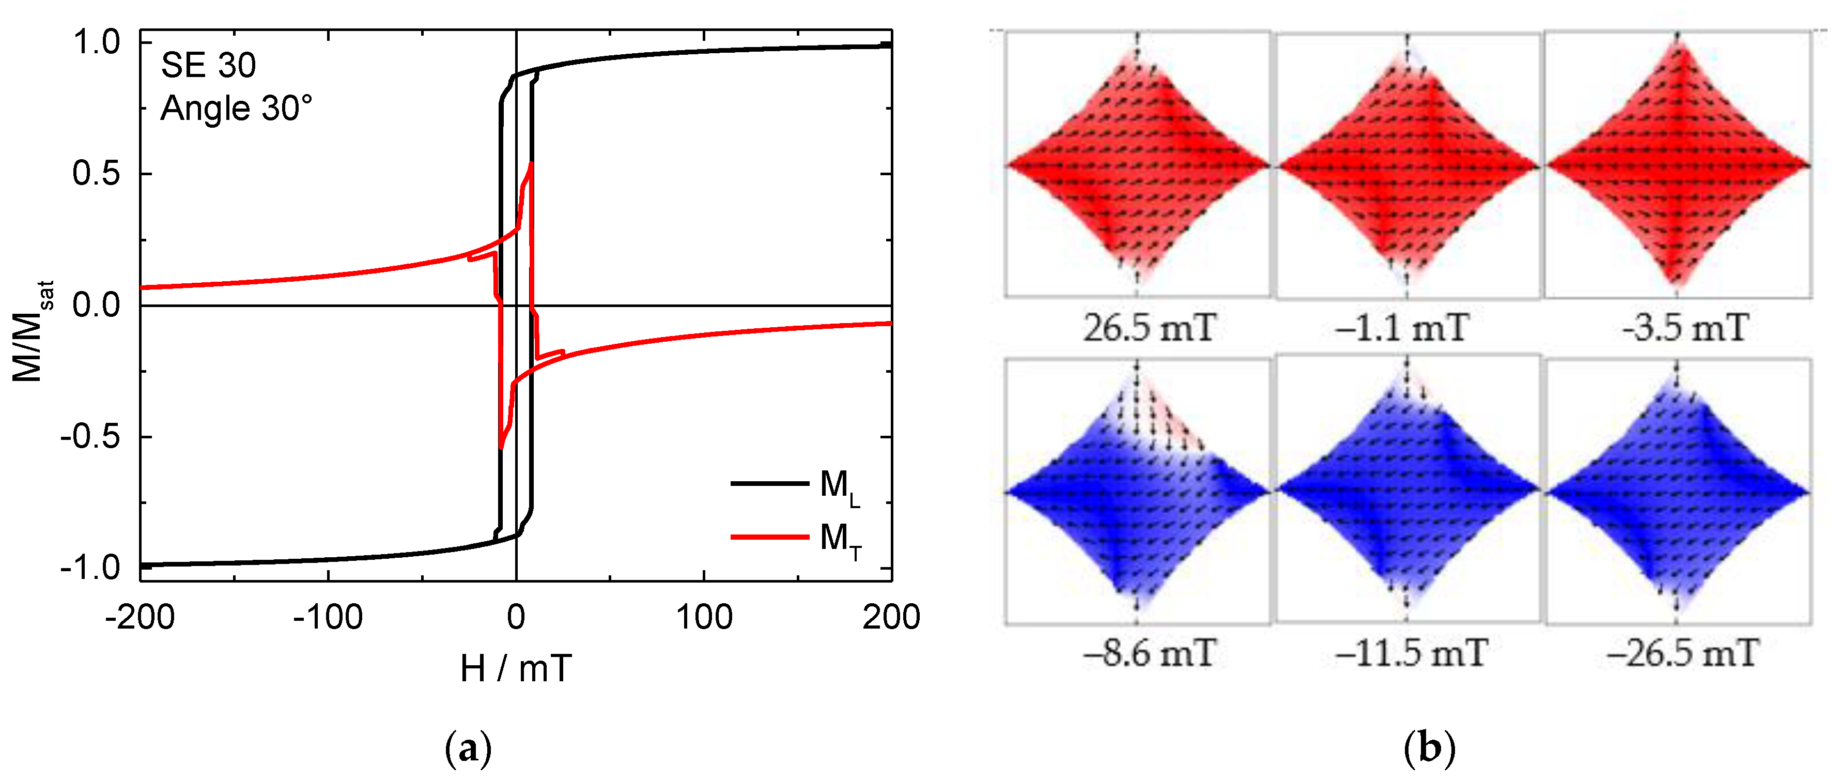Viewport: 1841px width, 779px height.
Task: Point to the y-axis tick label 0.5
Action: (97, 174)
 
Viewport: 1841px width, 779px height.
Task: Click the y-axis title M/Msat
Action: (30, 331)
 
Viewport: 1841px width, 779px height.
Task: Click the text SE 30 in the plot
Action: (208, 66)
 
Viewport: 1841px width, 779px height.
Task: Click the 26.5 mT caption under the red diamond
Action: (1149, 329)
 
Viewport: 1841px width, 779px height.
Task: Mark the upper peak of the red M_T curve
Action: (531, 164)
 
